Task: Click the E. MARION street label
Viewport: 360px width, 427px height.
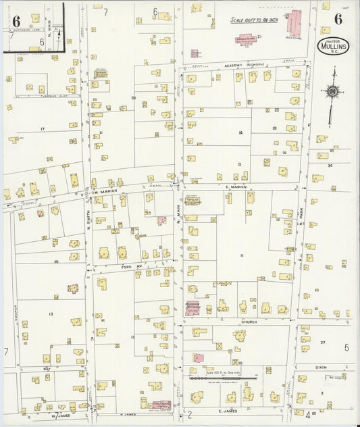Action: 236,187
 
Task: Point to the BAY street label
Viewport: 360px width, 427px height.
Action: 47,368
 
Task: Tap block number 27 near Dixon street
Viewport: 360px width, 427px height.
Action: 322,343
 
